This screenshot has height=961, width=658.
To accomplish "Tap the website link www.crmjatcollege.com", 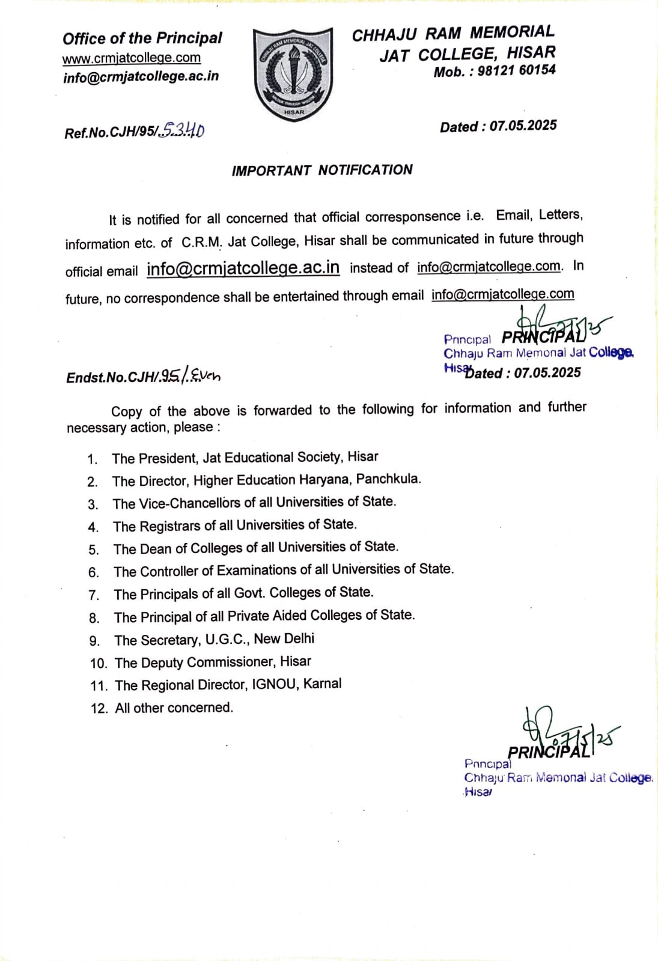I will tap(132, 58).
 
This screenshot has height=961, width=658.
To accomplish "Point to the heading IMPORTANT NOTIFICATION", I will tap(322, 170).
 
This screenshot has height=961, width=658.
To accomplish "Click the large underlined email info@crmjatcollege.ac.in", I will tap(243, 268).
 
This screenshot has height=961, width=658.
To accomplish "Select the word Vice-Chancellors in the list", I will tap(189, 503).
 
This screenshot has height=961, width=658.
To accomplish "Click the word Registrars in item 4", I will tap(171, 526).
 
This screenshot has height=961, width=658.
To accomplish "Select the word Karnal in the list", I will tap(322, 684).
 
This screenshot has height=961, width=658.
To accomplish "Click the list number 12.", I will tap(99, 708).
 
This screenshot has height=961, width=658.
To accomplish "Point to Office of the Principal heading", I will tap(142, 38).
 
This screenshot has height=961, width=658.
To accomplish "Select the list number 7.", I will tap(94, 595).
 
